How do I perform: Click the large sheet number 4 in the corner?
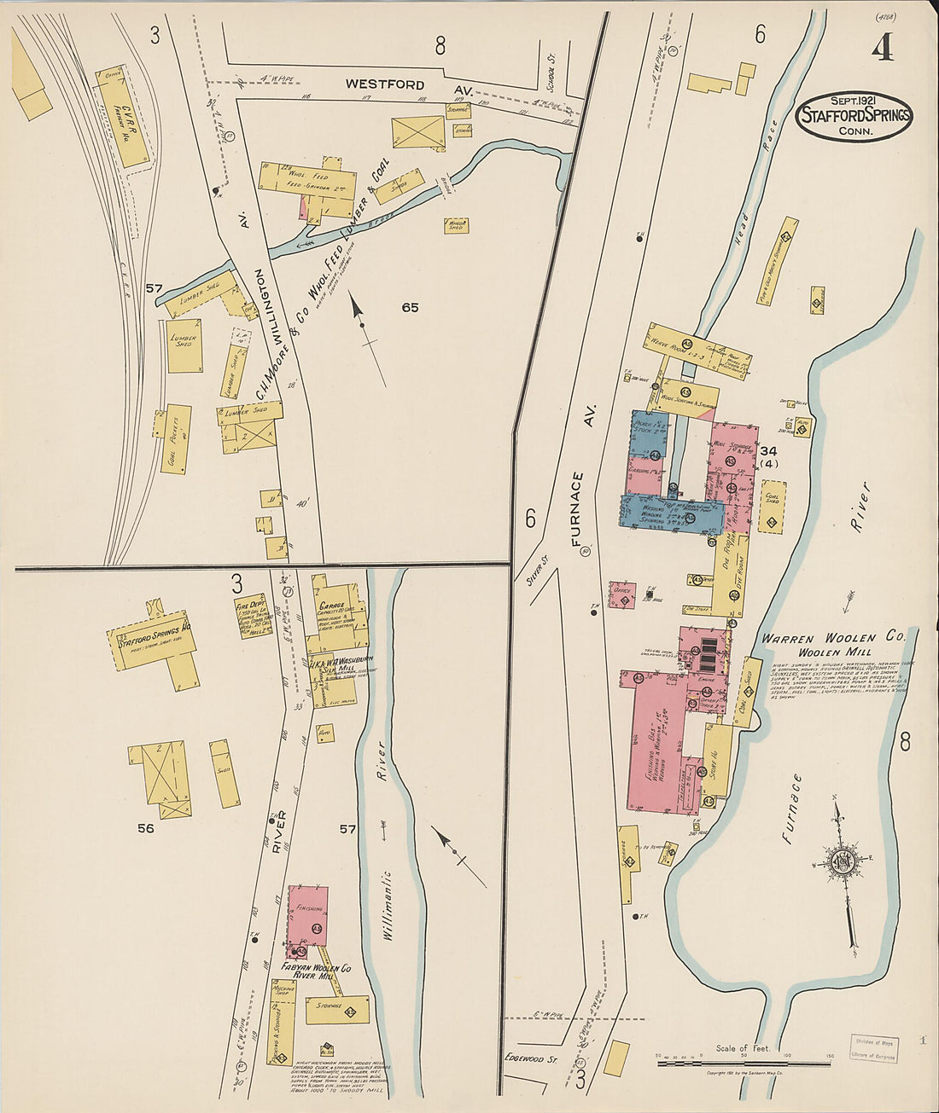click(883, 49)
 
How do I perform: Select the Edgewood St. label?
click(530, 1058)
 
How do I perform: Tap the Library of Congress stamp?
click(874, 1047)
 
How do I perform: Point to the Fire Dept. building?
click(253, 615)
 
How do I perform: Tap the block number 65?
click(410, 307)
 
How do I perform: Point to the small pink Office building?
click(622, 595)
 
